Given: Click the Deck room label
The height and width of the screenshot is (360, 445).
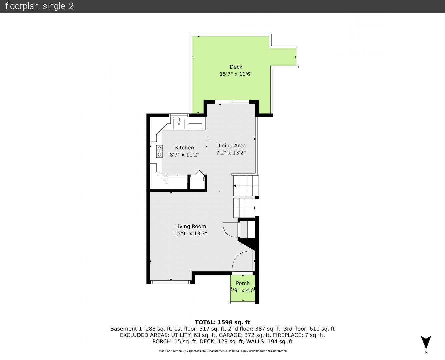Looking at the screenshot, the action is [x=236, y=67].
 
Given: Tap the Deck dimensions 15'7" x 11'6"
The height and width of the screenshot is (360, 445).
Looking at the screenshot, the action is [x=236, y=74].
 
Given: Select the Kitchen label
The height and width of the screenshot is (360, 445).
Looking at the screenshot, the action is [x=184, y=148].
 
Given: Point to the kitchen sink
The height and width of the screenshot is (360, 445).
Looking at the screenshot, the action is [x=179, y=123].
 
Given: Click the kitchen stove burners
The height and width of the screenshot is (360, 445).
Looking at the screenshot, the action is [x=159, y=151].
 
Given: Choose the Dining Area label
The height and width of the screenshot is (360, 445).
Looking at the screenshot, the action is [x=231, y=145].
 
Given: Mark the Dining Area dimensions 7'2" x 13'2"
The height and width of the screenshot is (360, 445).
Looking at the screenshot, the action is [x=231, y=153].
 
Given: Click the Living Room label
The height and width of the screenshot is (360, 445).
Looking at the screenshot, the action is [x=191, y=226].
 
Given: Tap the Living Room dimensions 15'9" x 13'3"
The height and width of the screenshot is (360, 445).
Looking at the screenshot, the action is [x=191, y=233].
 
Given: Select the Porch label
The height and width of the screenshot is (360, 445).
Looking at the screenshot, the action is [x=243, y=283].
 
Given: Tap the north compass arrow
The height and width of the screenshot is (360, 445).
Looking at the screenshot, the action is [x=426, y=342].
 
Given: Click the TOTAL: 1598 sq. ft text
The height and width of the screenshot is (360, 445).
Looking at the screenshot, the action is [x=222, y=322].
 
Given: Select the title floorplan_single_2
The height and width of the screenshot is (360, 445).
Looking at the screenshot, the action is [x=39, y=6].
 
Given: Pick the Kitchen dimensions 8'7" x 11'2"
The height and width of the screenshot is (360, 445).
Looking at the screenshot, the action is [x=184, y=155].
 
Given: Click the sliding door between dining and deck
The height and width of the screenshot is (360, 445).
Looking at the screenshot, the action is [x=232, y=102].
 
